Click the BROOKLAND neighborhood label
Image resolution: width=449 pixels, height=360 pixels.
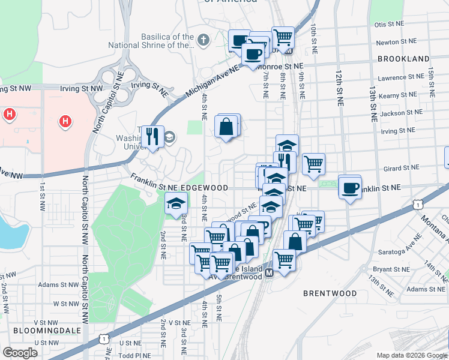point(403,59)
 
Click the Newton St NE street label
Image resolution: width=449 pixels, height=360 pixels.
point(396,43)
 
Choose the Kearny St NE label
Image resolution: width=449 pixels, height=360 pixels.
point(398,95)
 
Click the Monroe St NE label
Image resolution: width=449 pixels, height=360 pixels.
point(280,66)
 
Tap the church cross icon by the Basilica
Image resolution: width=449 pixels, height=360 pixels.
point(203,40)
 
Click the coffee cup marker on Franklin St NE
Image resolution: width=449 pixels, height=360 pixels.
point(350,188)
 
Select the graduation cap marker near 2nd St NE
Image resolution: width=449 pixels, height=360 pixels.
point(176,204)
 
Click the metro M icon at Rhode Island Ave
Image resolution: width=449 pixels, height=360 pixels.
point(270,272)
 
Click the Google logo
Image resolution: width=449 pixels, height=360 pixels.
point(20,353)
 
